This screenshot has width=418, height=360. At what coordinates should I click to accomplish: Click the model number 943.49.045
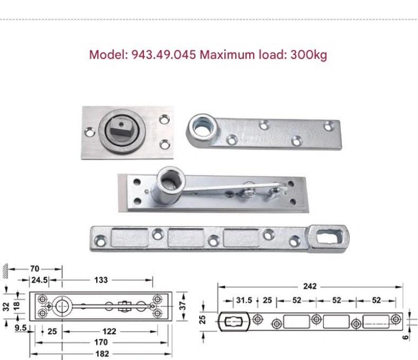coord(163,55)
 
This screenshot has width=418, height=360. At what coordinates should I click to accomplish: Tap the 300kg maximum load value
coord(308,55)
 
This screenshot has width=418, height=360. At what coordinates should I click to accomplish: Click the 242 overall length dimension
coord(310,286)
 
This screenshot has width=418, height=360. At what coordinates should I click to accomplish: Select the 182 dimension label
coord(102,354)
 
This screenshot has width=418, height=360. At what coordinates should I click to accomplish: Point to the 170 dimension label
coord(101,342)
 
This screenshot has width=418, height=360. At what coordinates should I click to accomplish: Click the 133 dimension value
coord(101,280)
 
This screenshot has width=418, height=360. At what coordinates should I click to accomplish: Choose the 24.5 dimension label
coord(40,280)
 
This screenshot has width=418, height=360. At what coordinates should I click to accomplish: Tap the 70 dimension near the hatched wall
coord(34,268)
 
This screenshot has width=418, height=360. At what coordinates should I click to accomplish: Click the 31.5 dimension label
coord(244,300)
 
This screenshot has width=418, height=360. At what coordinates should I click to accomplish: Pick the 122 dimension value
coord(110,331)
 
